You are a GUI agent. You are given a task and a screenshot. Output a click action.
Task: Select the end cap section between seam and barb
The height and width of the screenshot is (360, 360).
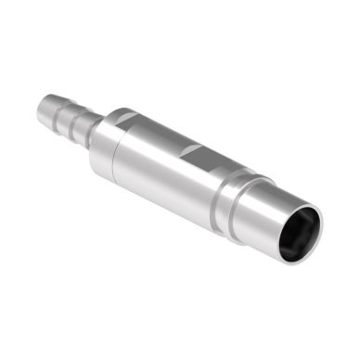pyautogui.click(x=100, y=139)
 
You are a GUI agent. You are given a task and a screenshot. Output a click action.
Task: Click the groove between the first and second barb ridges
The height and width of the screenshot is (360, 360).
pyautogui.click(x=59, y=112)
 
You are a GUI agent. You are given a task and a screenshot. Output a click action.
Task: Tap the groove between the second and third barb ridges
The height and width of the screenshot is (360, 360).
pyautogui.click(x=76, y=121)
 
